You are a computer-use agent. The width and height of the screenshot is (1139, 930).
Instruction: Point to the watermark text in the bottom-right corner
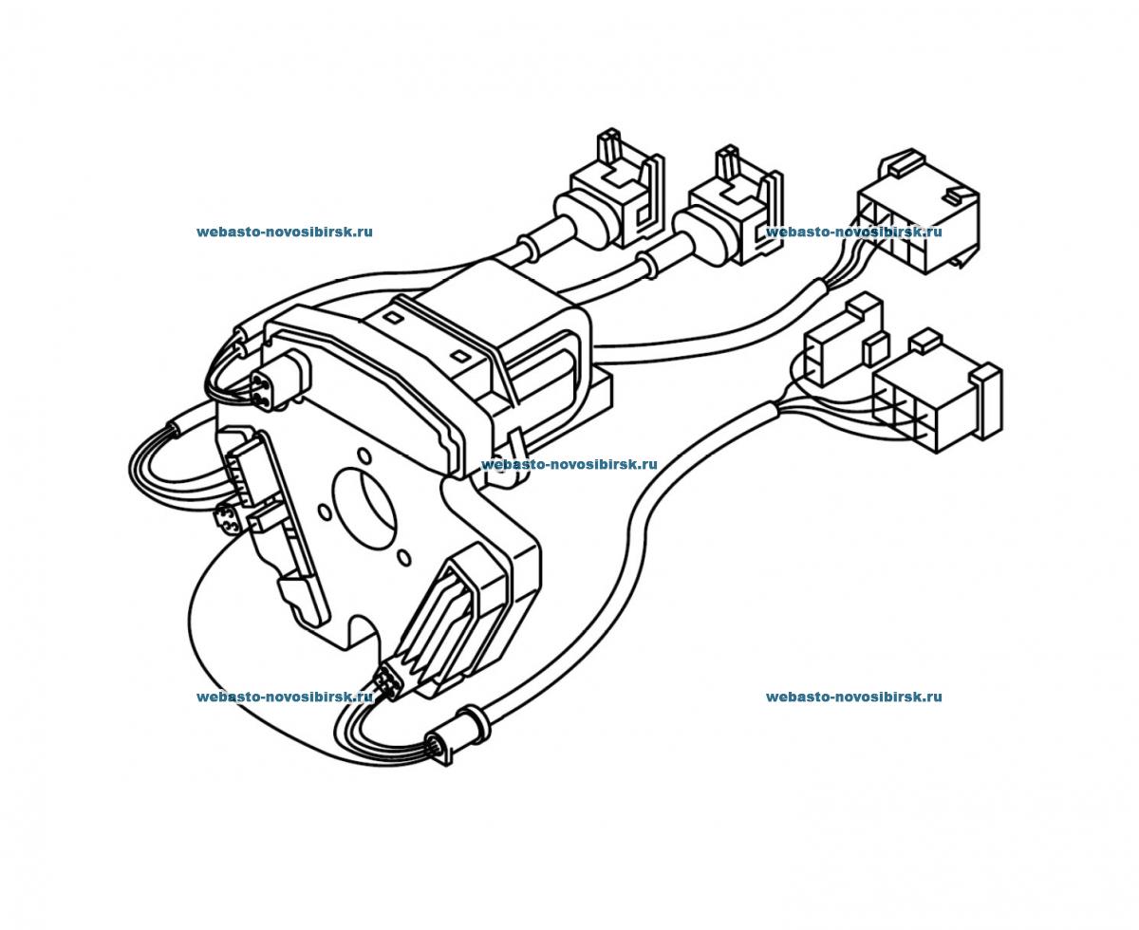pyautogui.click(x=853, y=697)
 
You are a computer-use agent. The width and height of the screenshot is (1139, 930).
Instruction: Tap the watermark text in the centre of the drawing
pyautogui.click(x=569, y=465)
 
